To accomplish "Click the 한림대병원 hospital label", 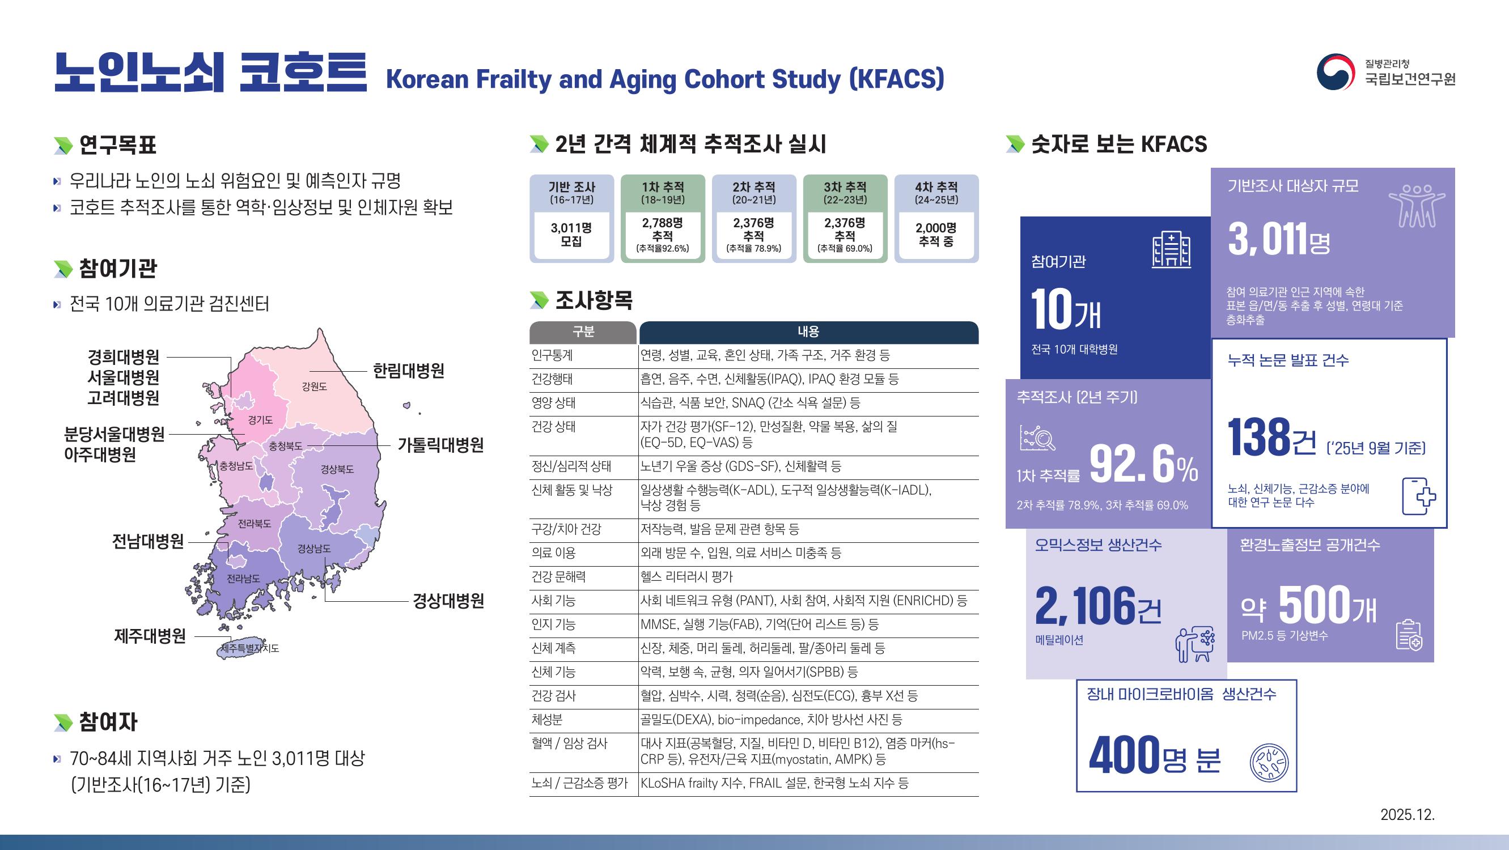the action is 408,371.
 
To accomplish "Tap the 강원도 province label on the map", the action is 315,386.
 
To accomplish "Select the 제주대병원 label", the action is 150,636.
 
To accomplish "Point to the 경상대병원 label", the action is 448,601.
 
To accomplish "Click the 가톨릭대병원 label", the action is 440,445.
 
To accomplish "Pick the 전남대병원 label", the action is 147,542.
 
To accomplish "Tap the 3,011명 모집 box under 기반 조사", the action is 571,234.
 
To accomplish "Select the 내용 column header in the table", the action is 808,332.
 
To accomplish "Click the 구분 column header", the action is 583,332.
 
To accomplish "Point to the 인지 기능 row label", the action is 554,624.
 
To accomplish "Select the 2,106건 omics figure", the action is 1099,605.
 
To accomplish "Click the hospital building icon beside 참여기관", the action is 1171,250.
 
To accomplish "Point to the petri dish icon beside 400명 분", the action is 1269,763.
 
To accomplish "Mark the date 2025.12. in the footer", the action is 1408,815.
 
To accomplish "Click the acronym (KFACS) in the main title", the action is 897,79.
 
